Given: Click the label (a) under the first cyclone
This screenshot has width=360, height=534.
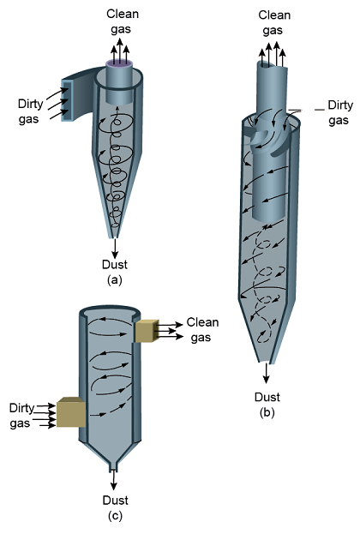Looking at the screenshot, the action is (x=115, y=280).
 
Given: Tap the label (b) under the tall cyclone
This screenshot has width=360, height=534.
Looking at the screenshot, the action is (x=267, y=412).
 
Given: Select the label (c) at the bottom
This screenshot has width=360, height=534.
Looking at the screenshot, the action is (x=115, y=516).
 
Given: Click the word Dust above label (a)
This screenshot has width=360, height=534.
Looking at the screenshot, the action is (x=115, y=265).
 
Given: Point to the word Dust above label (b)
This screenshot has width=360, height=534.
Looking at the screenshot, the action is (x=267, y=397).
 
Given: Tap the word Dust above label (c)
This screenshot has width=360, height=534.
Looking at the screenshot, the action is (x=116, y=501).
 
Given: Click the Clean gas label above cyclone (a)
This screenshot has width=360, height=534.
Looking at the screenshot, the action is (x=122, y=21).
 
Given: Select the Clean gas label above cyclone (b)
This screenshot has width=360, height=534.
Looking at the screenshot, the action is (x=274, y=22).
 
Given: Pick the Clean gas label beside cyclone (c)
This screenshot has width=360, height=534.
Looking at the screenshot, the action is (x=202, y=330).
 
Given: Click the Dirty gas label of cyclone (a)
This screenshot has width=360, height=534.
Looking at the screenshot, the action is (x=30, y=111).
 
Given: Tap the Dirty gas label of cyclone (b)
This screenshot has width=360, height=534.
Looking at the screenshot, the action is (x=340, y=113).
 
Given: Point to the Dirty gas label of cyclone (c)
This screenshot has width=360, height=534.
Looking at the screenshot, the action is (x=21, y=416).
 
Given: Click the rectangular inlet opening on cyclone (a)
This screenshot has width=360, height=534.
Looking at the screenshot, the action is (x=66, y=100).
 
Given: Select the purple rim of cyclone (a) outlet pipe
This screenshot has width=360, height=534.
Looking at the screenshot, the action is (x=119, y=63).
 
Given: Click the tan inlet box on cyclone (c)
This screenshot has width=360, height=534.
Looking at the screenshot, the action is (x=71, y=412).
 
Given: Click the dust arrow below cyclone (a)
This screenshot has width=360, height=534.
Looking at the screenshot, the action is (x=115, y=248).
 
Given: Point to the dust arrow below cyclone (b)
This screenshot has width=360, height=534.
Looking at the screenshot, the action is (x=267, y=374).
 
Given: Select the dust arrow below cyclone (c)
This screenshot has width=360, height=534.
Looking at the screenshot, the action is (x=113, y=481).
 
